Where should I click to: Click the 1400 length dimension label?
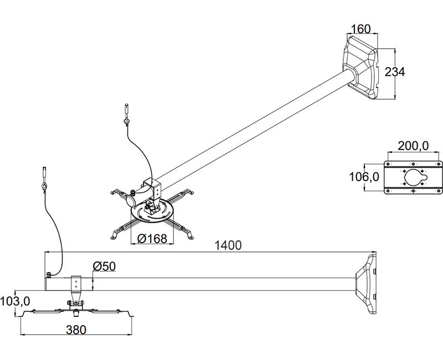coord(228,245)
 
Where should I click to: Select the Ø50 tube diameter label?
coord(104,266)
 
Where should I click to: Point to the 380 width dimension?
coord(76,330)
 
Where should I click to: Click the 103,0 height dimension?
coord(16,302)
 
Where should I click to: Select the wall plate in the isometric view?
coord(363,65)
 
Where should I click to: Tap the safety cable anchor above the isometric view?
coord(126,114)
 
